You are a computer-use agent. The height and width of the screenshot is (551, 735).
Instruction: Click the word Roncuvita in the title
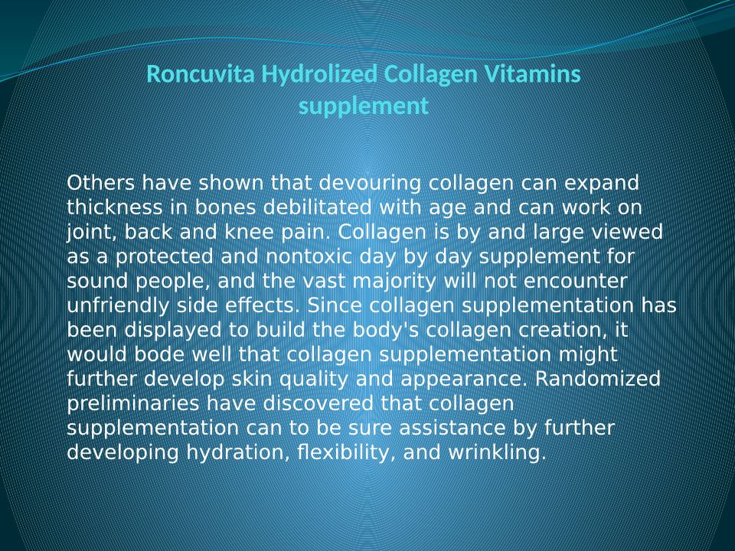[201, 74]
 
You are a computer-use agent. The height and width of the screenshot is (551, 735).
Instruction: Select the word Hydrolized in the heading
[319, 75]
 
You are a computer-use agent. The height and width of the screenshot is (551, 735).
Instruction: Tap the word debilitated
[317, 207]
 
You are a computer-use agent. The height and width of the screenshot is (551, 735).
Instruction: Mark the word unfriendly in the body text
[118, 306]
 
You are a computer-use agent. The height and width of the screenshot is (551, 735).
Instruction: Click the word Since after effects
[335, 305]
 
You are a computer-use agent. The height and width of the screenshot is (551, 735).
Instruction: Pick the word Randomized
[598, 379]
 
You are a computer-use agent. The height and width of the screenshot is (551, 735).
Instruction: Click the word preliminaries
[133, 404]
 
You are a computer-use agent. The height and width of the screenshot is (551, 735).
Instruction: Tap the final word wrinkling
[498, 453]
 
